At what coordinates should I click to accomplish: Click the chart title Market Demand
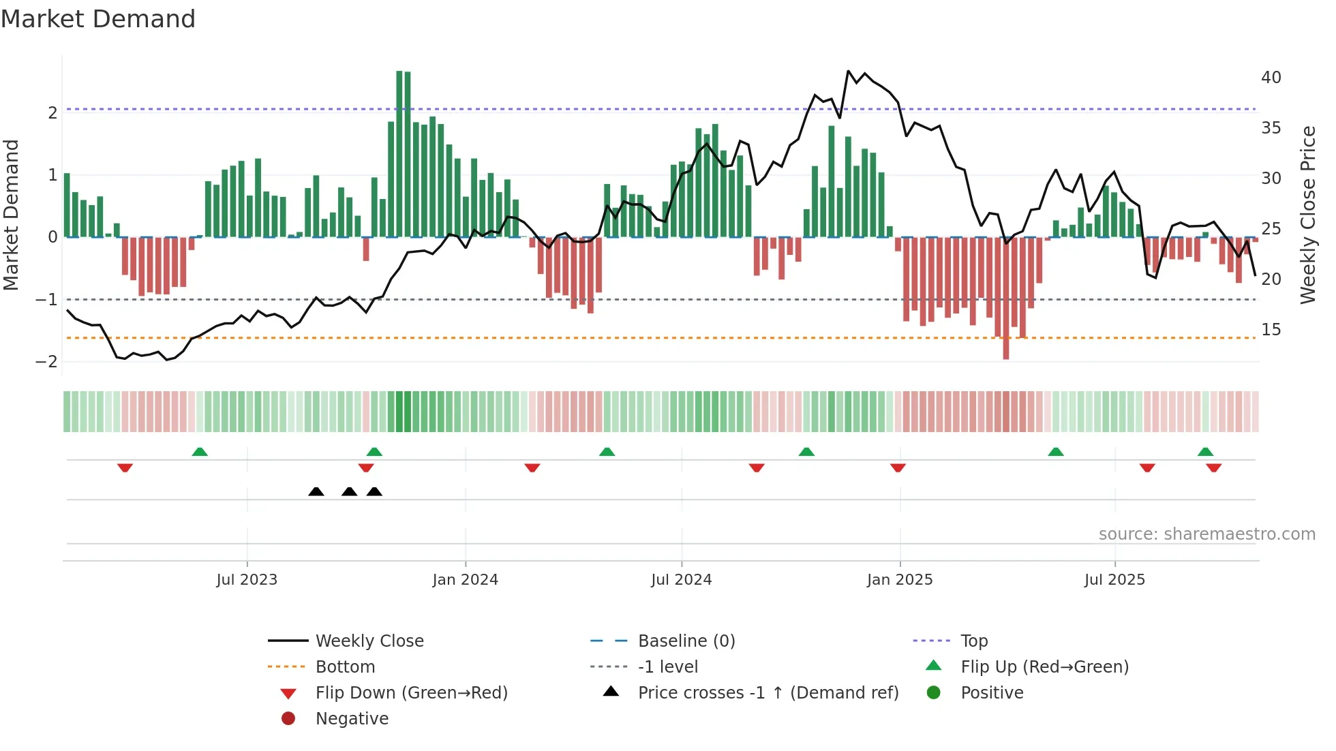[98, 19]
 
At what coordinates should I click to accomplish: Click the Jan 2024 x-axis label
[465, 580]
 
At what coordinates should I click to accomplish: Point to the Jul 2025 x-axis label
[1114, 580]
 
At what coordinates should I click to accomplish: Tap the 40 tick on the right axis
[1271, 78]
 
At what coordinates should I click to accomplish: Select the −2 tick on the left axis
[47, 362]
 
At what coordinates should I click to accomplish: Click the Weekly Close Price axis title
[1307, 215]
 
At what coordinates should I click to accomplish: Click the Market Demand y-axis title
[12, 215]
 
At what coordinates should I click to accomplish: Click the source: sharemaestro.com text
[1206, 534]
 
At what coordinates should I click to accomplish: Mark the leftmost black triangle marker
[316, 491]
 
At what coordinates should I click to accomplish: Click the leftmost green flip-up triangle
[199, 452]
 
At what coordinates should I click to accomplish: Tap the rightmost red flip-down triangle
[1213, 468]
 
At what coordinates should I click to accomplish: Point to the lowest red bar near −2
[1005, 354]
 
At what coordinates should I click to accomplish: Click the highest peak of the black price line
[848, 71]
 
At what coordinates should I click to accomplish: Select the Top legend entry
[973, 641]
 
